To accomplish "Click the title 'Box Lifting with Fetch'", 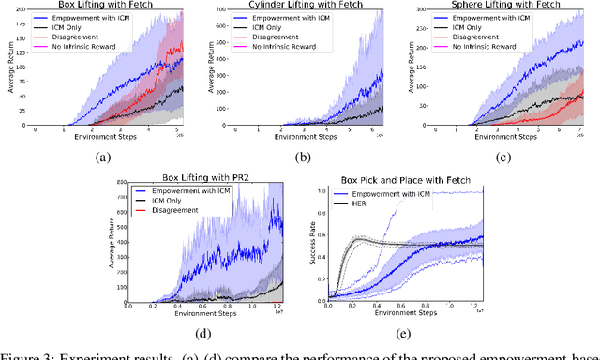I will tap(109, 6).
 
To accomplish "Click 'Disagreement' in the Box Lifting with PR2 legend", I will tap(179, 210).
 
